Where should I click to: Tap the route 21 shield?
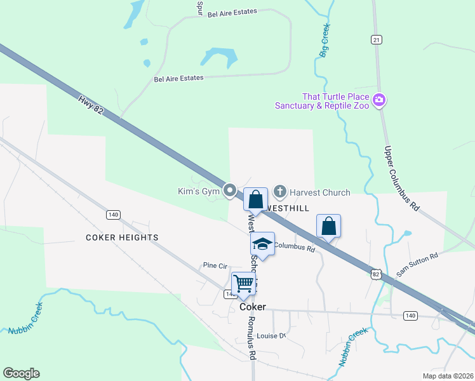377,40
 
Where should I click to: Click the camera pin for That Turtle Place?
380,100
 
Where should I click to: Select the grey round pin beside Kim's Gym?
231,190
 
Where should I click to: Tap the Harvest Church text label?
320,192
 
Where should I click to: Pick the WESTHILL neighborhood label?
288,208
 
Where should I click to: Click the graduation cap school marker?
262,244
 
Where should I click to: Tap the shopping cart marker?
243,284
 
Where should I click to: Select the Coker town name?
252,307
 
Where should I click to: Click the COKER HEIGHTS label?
122,237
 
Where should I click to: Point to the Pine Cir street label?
215,265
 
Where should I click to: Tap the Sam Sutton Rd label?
417,264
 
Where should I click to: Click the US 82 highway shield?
377,273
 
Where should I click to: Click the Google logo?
21,373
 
